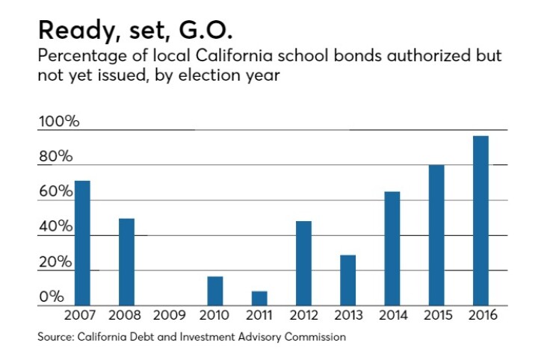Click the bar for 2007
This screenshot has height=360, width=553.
[82, 243]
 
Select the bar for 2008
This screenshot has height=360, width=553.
[126, 261]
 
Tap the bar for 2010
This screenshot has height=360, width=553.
[215, 291]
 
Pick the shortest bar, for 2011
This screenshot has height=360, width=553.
[259, 298]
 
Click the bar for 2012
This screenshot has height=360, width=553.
[303, 263]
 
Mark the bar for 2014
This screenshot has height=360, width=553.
[392, 249]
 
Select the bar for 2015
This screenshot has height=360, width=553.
[436, 235]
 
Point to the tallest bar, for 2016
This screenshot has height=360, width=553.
[481, 220]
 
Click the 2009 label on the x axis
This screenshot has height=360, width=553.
[170, 316]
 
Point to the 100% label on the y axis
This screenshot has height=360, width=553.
[58, 122]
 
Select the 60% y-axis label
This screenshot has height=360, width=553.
[56, 192]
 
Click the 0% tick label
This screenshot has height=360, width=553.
[52, 297]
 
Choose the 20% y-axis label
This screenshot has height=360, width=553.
[56, 262]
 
